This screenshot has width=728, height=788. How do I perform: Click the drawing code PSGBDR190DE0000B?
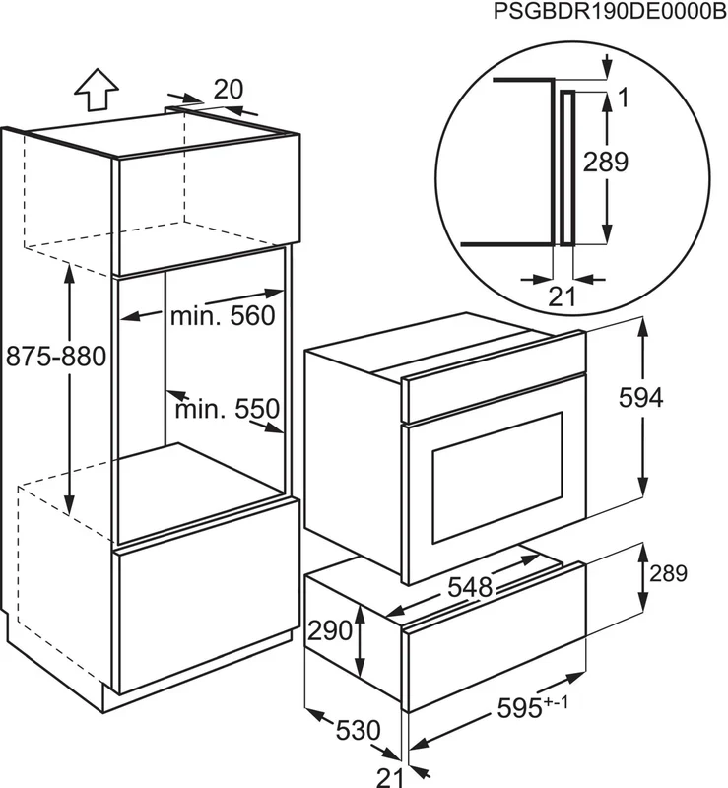[x=610, y=11]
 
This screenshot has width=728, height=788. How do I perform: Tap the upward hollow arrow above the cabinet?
[x=97, y=90]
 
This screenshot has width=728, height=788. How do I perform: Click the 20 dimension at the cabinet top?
[x=229, y=90]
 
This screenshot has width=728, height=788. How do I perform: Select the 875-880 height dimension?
[x=56, y=357]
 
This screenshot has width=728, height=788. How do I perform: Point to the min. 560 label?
[x=223, y=315]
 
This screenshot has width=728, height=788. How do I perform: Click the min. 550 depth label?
[x=228, y=409]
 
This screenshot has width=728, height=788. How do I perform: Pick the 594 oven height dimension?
[x=640, y=398]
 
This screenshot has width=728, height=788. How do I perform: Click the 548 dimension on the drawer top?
[x=470, y=586]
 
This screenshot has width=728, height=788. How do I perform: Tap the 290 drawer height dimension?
[x=330, y=630]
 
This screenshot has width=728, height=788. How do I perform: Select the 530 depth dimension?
[x=358, y=730]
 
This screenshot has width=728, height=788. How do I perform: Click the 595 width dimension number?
[x=519, y=708]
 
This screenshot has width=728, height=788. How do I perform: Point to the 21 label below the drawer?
[x=390, y=778]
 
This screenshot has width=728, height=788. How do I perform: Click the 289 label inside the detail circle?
[x=605, y=162]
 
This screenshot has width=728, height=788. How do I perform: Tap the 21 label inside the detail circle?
[x=562, y=296]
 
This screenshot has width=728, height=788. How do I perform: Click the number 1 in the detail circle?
[x=623, y=98]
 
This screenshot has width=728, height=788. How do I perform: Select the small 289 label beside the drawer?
[x=668, y=573]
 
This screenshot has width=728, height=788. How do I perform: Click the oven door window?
[x=497, y=481]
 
